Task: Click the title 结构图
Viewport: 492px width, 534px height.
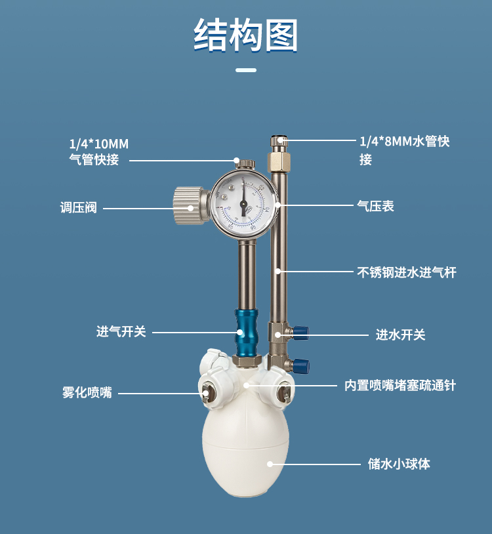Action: [246, 35]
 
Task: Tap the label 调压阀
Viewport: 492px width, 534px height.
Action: [79, 207]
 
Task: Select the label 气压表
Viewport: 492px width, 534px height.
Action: [375, 206]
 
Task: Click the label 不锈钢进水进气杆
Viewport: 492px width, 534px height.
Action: [407, 272]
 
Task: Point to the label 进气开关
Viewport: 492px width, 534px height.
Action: [121, 331]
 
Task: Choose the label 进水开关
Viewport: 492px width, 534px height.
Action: [400, 335]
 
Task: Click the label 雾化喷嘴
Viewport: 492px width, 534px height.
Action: [87, 392]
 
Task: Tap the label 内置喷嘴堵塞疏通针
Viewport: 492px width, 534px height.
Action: [400, 386]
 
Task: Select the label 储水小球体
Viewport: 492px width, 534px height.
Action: [399, 464]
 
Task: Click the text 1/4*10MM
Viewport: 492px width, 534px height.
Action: [99, 144]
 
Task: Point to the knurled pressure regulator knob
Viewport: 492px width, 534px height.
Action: [188, 205]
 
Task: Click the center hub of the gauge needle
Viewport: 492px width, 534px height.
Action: [243, 203]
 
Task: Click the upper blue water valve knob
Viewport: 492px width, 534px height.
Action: [301, 332]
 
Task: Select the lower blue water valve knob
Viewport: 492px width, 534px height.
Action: [301, 365]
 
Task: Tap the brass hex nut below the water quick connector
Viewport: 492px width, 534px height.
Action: [279, 163]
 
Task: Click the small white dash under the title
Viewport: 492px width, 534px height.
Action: [246, 70]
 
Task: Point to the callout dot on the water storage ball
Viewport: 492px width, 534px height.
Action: [270, 464]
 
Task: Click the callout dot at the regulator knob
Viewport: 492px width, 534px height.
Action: [191, 208]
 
